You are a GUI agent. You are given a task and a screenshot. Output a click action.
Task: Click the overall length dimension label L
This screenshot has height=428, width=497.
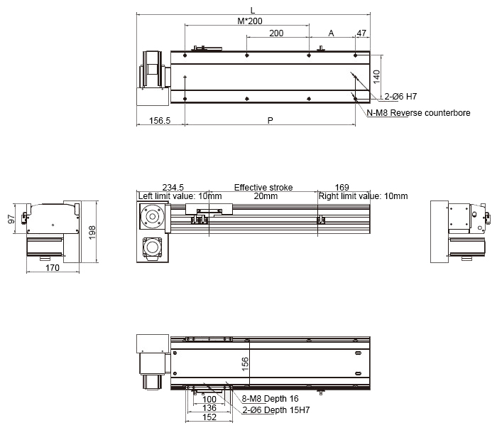pyautogui.click(x=253, y=11)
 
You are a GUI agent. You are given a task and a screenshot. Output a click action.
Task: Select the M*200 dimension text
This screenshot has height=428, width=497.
pyautogui.click(x=250, y=21)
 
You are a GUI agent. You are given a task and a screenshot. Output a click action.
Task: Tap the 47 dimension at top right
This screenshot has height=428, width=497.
pyautogui.click(x=361, y=33)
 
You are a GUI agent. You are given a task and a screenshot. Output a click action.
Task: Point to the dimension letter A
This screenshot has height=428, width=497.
pyautogui.click(x=332, y=33)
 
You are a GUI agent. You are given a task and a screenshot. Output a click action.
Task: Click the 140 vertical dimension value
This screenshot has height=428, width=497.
pyautogui.click(x=376, y=77)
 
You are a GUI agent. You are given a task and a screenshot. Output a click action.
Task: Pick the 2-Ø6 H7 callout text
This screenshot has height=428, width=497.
pyautogui.click(x=400, y=96)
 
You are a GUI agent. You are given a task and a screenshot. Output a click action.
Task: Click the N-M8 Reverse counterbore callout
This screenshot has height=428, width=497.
pyautogui.click(x=418, y=113)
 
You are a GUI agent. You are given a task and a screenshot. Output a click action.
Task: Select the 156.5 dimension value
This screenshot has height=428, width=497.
pyautogui.click(x=160, y=121)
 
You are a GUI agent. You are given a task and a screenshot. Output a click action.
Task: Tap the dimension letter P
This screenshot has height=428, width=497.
pyautogui.click(x=270, y=121)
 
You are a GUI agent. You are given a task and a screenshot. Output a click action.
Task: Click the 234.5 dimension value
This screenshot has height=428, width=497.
pyautogui.click(x=173, y=187)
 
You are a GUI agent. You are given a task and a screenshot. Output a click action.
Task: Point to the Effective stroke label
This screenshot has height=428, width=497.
pyautogui.click(x=263, y=187)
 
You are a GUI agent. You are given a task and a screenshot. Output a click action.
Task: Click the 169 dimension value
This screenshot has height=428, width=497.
pyautogui.click(x=342, y=187)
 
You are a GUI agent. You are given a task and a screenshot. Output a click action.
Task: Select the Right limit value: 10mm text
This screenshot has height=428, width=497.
pyautogui.click(x=363, y=196)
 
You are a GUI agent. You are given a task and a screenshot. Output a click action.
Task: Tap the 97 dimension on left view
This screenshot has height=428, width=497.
pyautogui.click(x=11, y=219)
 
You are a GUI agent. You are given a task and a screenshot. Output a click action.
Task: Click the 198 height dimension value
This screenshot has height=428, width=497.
pyautogui.click(x=92, y=232)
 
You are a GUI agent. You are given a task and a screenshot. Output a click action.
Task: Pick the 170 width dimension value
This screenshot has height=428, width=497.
pyautogui.click(x=53, y=268)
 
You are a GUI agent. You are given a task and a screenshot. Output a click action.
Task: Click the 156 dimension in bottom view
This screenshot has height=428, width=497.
pyautogui.click(x=245, y=364)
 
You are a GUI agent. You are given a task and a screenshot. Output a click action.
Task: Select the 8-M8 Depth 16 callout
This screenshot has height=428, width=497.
pyautogui.click(x=270, y=398)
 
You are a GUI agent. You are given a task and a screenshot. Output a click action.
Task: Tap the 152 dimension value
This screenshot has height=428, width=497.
pyautogui.click(x=209, y=417)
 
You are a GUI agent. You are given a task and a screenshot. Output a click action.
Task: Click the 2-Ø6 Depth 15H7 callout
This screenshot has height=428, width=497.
pyautogui.click(x=275, y=410)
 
